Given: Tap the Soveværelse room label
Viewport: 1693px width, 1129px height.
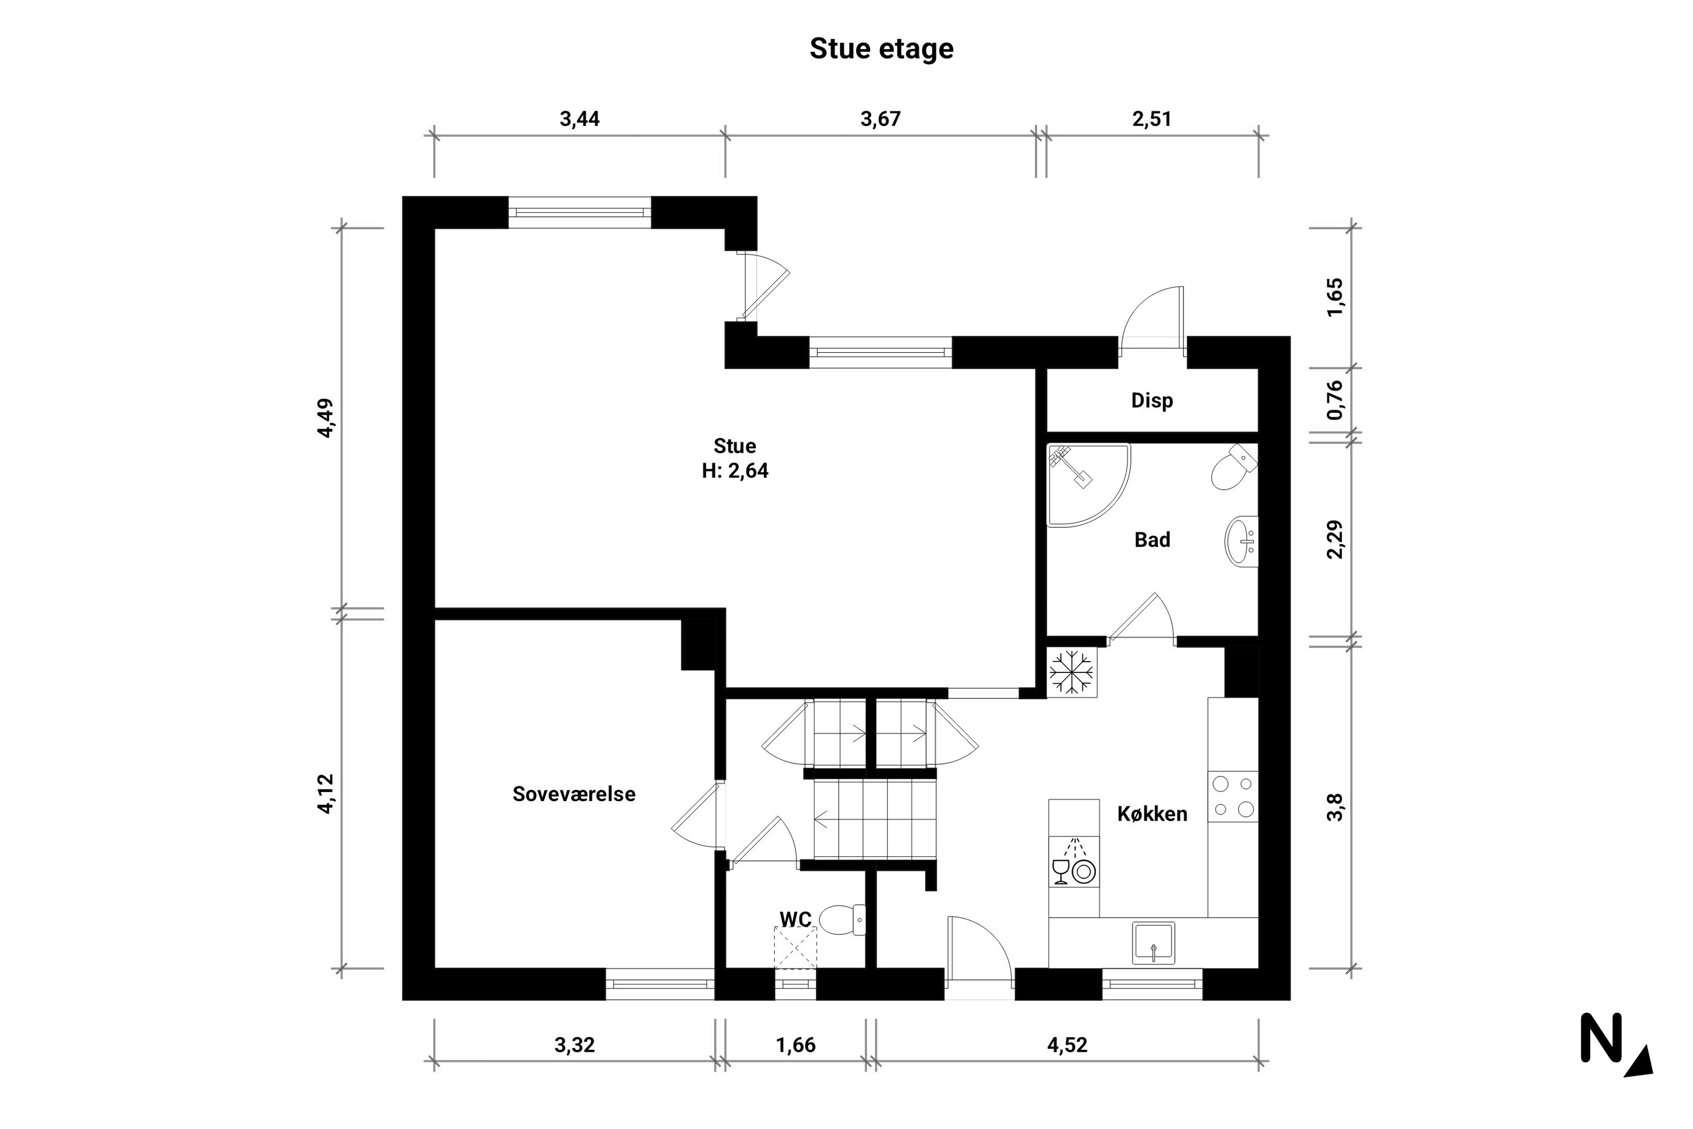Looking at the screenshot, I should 574,794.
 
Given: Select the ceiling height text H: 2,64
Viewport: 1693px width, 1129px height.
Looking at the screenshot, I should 735,471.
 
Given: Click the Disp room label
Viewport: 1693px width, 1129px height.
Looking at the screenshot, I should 1151,400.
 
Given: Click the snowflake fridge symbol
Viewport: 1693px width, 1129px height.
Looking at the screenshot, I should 1071,673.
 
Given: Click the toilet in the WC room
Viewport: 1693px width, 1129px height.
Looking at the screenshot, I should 841,920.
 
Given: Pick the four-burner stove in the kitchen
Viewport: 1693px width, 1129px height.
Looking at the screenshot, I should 1233,797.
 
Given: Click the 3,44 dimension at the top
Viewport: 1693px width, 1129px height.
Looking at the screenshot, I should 580,119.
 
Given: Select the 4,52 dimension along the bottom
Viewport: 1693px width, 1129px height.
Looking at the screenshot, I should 1067,1045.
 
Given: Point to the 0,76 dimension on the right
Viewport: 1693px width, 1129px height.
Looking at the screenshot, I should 1335,400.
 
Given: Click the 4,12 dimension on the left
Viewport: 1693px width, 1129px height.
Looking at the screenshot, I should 326,794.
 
